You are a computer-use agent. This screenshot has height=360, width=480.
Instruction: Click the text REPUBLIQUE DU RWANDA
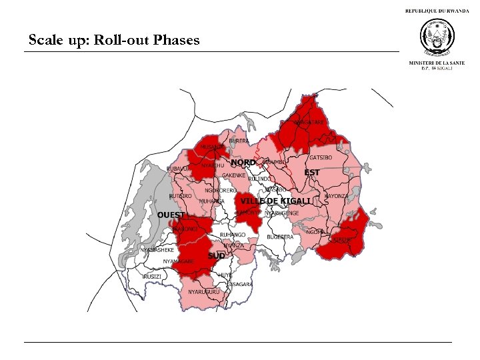pos(437,11)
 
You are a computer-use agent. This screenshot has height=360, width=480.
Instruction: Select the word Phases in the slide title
pos(176,40)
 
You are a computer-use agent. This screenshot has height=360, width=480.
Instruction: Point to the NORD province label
pos(243,162)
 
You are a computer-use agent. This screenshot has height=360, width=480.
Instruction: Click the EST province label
pos(312,173)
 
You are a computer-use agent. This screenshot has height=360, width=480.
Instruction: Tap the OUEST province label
pos(171,215)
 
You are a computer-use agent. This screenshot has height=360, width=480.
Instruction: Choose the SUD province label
pos(216,256)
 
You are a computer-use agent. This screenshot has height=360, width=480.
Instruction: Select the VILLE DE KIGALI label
pos(275,201)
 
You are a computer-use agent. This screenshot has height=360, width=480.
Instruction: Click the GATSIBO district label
pos(321,157)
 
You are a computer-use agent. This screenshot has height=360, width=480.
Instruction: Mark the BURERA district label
pos(239,141)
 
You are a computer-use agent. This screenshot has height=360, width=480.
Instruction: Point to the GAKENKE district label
pos(235,175)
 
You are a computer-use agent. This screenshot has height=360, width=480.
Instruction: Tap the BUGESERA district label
pos(280,237)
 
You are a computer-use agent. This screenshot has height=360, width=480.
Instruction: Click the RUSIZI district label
pos(152,276)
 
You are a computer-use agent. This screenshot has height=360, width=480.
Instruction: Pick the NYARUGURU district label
pos(203,292)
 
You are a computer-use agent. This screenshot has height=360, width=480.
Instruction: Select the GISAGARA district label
pos(240,284)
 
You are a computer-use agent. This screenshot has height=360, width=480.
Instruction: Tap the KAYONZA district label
pos(336,196)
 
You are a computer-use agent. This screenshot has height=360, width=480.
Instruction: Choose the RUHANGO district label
pos(233,235)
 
